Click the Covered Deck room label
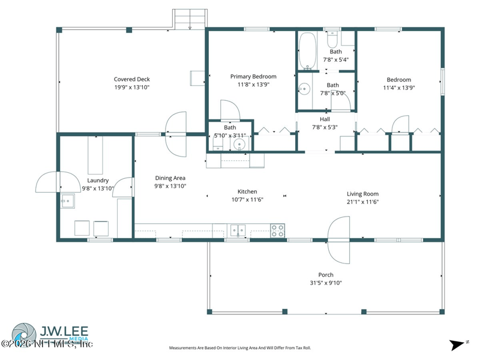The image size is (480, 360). tap(131, 79)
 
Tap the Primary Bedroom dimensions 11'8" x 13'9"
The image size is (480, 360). tap(253, 85)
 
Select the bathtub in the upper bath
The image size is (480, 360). tap(307, 50)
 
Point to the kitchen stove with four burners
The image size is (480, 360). tap(277, 230)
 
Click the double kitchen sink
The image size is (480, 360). tap(238, 230)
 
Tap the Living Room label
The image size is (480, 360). tap(362, 194)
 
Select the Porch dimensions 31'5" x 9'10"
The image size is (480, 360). tap(326, 283)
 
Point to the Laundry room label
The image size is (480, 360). tap(97, 180)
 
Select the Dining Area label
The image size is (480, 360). tap(170, 178)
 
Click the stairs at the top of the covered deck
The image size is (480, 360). tap(189, 19)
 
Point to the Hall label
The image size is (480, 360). tap(325, 119)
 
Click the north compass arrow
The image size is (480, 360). tap(457, 344)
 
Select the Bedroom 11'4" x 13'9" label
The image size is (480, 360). tap(398, 80)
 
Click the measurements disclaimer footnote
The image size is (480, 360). tap(239, 347)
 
